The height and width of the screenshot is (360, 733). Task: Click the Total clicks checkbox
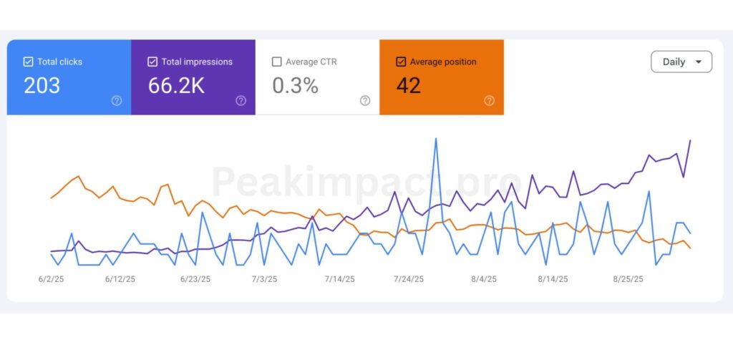pyautogui.click(x=29, y=62)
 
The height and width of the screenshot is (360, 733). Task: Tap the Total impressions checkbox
pyautogui.click(x=152, y=62)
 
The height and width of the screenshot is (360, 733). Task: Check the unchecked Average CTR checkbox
pyautogui.click(x=277, y=62)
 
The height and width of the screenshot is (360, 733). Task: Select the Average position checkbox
pyautogui.click(x=401, y=62)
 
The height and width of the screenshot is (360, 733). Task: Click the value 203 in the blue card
pyautogui.click(x=42, y=86)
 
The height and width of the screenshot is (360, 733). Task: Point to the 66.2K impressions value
pyautogui.click(x=176, y=86)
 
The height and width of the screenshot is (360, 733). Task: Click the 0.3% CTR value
pyautogui.click(x=295, y=86)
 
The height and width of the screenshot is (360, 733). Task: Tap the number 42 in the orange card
pyautogui.click(x=408, y=86)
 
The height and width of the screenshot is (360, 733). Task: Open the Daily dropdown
pyautogui.click(x=681, y=62)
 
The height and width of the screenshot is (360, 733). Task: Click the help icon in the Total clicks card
pyautogui.click(x=117, y=101)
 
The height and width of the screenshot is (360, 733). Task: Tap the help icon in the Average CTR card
pyautogui.click(x=365, y=101)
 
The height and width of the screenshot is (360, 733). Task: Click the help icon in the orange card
pyautogui.click(x=489, y=101)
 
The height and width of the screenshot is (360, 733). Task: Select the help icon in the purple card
pyautogui.click(x=241, y=101)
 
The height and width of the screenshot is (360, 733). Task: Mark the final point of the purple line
pyautogui.click(x=690, y=140)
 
